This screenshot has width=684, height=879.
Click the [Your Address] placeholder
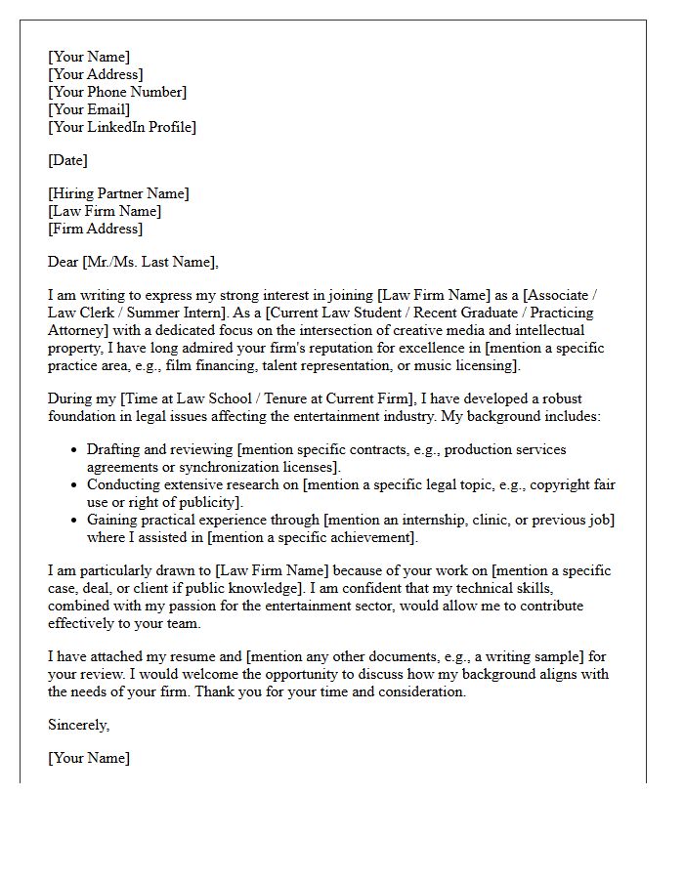tap(96, 74)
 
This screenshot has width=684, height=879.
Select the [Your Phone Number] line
tap(117, 92)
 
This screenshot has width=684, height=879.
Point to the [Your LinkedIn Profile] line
tap(122, 127)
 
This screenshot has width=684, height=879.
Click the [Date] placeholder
tap(67, 160)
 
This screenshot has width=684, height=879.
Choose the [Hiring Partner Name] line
tap(118, 193)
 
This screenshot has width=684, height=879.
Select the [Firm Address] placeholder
tap(96, 229)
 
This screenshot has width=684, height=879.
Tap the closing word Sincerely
tap(78, 725)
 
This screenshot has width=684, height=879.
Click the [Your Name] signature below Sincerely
tap(89, 758)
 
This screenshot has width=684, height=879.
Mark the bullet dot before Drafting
tap(75, 450)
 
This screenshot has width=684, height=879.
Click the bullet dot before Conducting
tap(75, 485)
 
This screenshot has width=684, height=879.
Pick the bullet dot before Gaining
tap(75, 521)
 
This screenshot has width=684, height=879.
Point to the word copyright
tap(550, 484)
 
